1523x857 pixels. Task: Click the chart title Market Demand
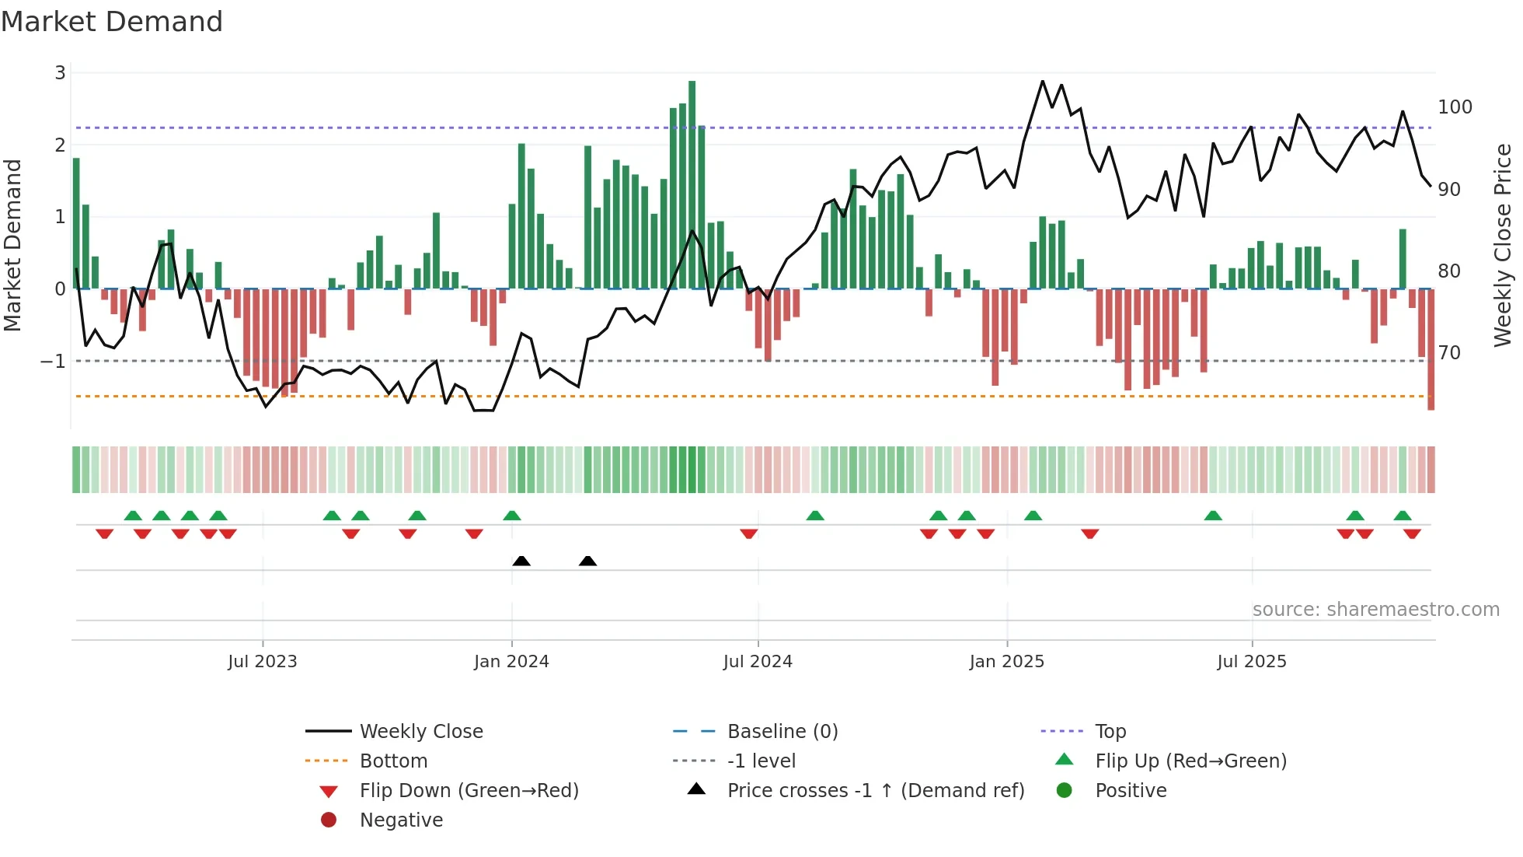pos(112,22)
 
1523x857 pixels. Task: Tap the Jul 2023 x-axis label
pos(263,662)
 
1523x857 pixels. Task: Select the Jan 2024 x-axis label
pos(511,662)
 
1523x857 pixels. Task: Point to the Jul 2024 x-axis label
pos(758,662)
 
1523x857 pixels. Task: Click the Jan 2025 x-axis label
pos(1007,662)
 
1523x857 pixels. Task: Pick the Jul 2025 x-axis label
pos(1252,662)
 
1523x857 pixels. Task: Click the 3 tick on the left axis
pos(60,73)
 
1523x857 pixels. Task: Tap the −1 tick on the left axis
pos(53,362)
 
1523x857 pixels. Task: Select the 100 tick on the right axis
pos(1455,107)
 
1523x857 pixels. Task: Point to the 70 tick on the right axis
pos(1449,353)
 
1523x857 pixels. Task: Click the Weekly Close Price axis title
pos(1503,245)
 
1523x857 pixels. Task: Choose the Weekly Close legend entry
pos(421,732)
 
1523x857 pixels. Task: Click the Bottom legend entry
pos(393,761)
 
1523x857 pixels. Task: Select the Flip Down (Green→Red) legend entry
pos(469,791)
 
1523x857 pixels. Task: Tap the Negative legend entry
pos(401,820)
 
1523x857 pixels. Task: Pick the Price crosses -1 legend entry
pos(876,791)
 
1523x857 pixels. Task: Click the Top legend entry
pos(1110,732)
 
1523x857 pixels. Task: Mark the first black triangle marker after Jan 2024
pos(521,561)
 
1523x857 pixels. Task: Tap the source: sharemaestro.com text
pos(1375,610)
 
